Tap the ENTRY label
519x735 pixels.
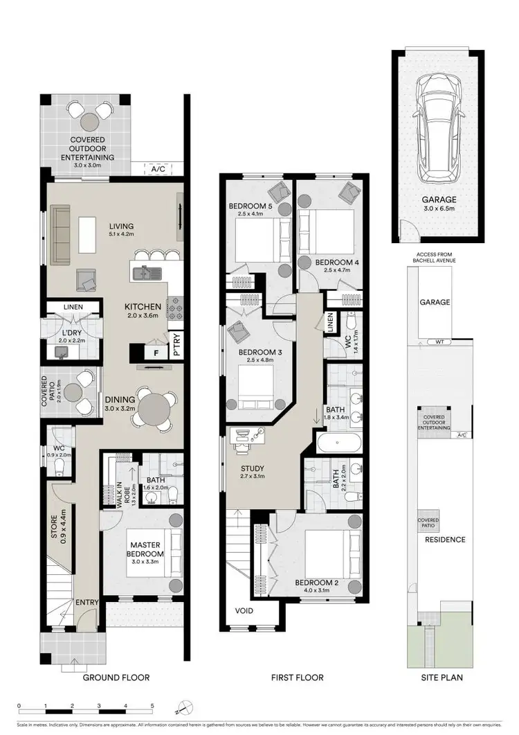pyautogui.click(x=88, y=601)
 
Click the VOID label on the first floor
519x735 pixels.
pyautogui.click(x=244, y=611)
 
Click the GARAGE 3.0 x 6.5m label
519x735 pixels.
pyautogui.click(x=439, y=203)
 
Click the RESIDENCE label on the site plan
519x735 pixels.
pyautogui.click(x=444, y=540)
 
